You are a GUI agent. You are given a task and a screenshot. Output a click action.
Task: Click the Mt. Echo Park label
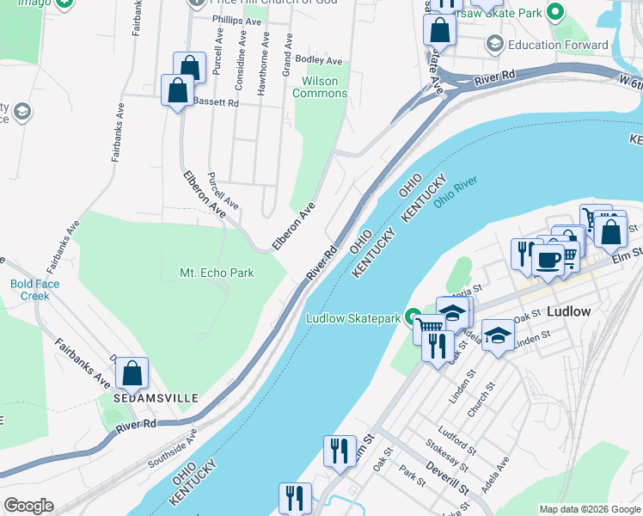click(x=217, y=273)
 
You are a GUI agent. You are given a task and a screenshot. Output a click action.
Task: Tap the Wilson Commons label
click(x=320, y=87)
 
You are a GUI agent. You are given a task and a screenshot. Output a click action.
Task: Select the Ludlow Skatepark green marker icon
click(x=413, y=317)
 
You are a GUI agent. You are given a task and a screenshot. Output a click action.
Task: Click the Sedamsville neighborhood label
click(x=156, y=399)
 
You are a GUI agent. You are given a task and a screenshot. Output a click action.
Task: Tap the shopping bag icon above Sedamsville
click(x=132, y=372)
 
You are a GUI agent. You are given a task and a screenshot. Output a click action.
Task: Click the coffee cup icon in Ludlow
click(x=548, y=259)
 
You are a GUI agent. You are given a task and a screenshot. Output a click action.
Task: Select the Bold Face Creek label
click(x=30, y=290)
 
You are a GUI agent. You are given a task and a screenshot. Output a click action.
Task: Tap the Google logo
click(x=28, y=506)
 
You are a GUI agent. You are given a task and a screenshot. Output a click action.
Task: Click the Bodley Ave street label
click(x=318, y=60)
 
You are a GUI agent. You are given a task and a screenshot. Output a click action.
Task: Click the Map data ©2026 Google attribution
click(x=589, y=509)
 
